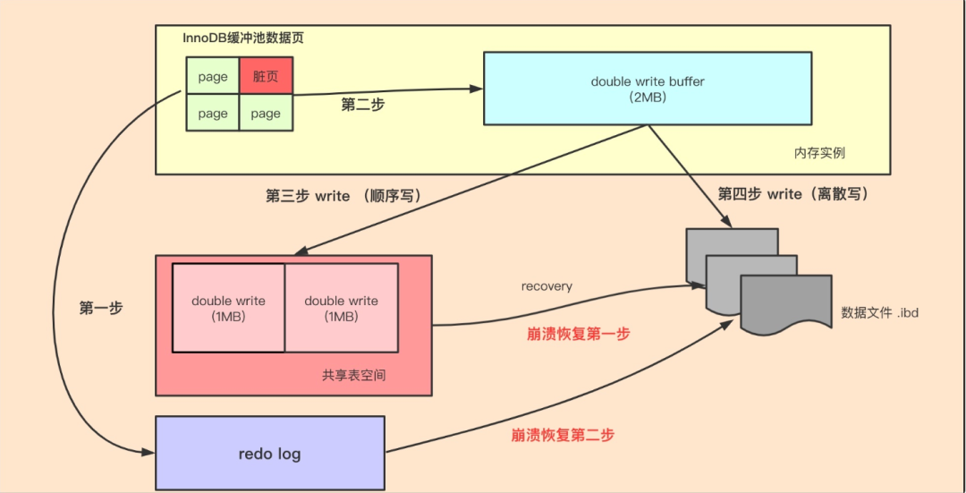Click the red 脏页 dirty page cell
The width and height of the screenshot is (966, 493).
266,77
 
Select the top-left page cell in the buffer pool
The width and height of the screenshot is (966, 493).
213,77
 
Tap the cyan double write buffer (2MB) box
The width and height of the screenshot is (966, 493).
648,88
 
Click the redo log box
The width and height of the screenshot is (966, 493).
269,454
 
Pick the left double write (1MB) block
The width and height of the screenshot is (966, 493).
229,309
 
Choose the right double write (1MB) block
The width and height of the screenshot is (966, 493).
341,309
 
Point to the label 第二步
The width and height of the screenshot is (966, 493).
363,105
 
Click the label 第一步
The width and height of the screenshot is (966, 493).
101,308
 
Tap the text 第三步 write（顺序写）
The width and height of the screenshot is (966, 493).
343,196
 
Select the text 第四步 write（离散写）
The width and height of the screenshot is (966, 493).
792,193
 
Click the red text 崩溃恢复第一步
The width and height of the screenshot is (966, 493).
578,334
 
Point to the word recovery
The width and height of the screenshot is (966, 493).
547,286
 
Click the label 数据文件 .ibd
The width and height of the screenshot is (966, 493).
880,313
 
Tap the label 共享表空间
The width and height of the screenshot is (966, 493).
354,376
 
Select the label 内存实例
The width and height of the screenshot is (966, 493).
819,153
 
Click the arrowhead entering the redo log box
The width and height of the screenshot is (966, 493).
149,454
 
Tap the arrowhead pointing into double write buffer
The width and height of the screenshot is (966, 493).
477,89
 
